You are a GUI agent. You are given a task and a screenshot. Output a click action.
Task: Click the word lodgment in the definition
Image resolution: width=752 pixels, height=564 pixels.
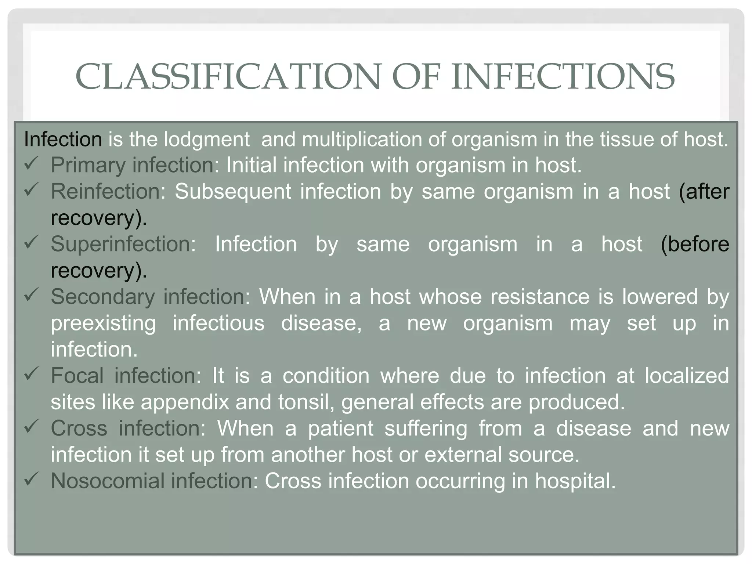pos(206,140)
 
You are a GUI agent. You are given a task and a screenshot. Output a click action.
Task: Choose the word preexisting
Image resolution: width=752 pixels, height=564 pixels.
pos(103,323)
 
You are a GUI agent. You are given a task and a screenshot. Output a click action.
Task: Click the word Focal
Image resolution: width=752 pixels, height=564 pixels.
pos(77,376)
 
